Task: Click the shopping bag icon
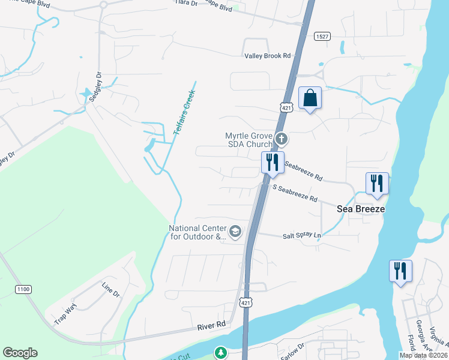[x=310, y=98]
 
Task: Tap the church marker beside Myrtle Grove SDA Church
[x=282, y=140]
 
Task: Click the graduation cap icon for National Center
[x=236, y=231]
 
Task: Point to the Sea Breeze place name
[x=360, y=209]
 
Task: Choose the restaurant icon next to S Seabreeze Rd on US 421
[x=273, y=162]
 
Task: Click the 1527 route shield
[x=322, y=37]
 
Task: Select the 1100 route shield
[x=23, y=289]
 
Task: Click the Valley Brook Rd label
[x=267, y=56]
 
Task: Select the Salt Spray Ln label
[x=302, y=236]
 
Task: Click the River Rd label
[x=212, y=325]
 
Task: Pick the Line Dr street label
[x=111, y=290]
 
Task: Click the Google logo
[x=20, y=353]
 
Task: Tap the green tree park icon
[x=221, y=353]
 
